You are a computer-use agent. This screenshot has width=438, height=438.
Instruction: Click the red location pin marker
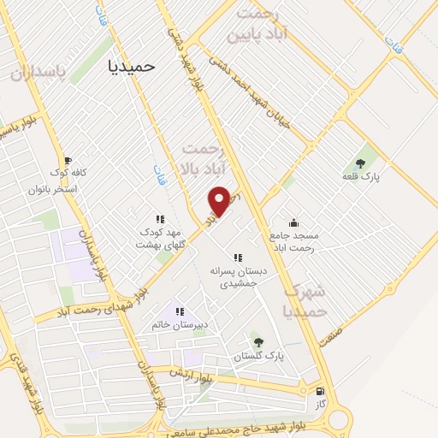(220, 200)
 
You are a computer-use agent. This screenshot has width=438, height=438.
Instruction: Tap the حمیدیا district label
(134, 66)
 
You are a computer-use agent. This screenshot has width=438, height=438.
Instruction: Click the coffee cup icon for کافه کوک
(68, 160)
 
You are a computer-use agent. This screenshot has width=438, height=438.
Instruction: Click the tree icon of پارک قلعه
(360, 163)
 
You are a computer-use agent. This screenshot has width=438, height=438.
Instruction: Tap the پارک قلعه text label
(359, 176)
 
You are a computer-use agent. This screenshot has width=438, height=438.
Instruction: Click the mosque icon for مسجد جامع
(294, 222)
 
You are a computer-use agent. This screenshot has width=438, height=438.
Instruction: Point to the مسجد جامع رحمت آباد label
(293, 240)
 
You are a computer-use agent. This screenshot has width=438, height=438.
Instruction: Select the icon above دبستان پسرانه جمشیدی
(238, 257)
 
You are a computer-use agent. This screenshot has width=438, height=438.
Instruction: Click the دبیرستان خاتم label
(181, 325)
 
